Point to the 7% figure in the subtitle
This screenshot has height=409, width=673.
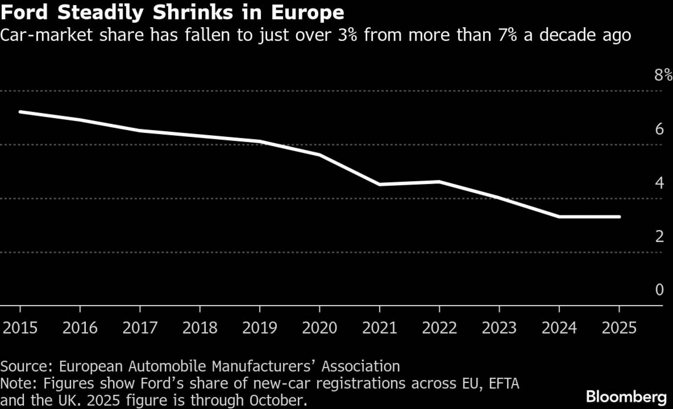pyautogui.click(x=508, y=35)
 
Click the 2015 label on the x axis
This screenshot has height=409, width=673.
pyautogui.click(x=20, y=328)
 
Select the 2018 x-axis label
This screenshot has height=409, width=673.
pyautogui.click(x=200, y=328)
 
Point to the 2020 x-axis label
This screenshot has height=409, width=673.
pyautogui.click(x=320, y=328)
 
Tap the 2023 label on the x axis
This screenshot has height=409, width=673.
pyautogui.click(x=499, y=328)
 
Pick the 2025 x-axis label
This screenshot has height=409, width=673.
pyautogui.click(x=619, y=328)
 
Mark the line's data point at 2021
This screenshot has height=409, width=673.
pyautogui.click(x=380, y=184)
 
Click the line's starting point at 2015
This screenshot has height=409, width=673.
pyautogui.click(x=20, y=112)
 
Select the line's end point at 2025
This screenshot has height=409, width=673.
pyautogui.click(x=619, y=217)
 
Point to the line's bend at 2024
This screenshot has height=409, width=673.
pyautogui.click(x=559, y=217)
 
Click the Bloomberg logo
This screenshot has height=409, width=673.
pyautogui.click(x=626, y=397)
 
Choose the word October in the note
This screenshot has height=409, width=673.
pyautogui.click(x=278, y=400)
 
